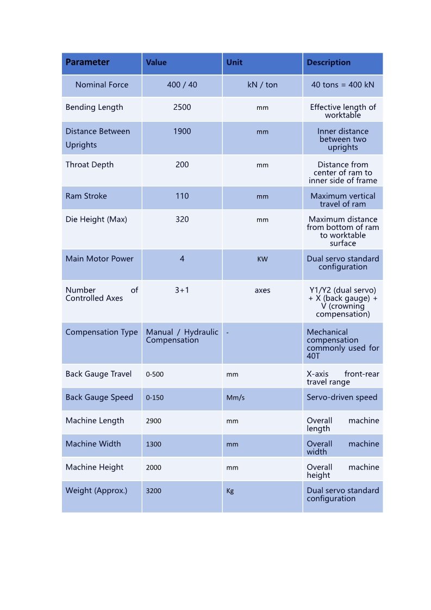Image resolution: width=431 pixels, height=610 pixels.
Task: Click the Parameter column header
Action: (x=88, y=63)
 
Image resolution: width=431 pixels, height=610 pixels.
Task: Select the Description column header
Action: (x=328, y=63)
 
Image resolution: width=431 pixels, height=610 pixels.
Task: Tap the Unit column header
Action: (x=234, y=63)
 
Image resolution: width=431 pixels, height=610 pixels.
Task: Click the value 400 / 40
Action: (x=182, y=85)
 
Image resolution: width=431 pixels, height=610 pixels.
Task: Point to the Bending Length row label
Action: (x=94, y=107)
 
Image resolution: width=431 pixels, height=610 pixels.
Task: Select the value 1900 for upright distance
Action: (x=182, y=131)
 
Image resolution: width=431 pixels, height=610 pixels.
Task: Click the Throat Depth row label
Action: (x=90, y=165)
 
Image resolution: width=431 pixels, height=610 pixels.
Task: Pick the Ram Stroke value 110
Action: (x=182, y=196)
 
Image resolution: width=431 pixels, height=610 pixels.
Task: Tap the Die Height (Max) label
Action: (x=96, y=219)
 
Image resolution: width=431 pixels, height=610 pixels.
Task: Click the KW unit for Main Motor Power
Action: (x=263, y=259)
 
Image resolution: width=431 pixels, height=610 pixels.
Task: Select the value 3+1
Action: (x=182, y=290)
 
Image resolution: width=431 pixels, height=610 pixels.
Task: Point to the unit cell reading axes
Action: (x=263, y=290)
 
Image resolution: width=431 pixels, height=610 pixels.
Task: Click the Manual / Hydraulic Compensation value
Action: (x=182, y=336)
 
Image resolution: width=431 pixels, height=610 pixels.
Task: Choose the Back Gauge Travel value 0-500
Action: (x=155, y=374)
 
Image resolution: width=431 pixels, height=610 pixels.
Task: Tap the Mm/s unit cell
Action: (x=235, y=397)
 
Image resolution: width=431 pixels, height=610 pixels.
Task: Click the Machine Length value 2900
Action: (x=154, y=421)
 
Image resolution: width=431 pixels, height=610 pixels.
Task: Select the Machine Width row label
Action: (x=93, y=444)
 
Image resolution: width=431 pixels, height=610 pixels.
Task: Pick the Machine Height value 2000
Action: (x=154, y=467)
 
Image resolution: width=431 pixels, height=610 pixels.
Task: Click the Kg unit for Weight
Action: (x=230, y=490)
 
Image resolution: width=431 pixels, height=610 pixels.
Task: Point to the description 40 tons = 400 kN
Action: (x=342, y=85)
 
